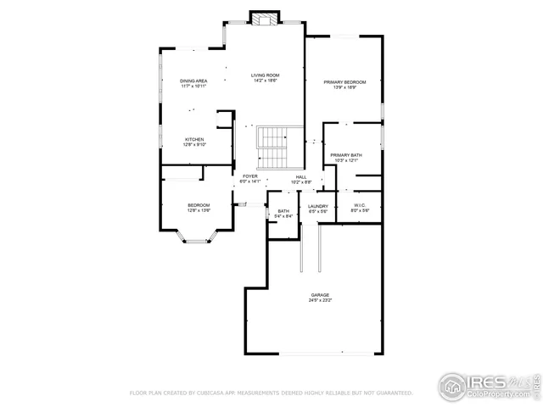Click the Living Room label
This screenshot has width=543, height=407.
tap(265, 75)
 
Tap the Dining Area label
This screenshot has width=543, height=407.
tap(193, 81)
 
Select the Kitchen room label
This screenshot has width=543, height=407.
tap(194, 139)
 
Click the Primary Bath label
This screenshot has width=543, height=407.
tap(346, 155)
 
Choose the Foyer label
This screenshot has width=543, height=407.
tap(250, 176)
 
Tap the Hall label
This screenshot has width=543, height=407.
tap(301, 176)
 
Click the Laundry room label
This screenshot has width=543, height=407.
tap(318, 206)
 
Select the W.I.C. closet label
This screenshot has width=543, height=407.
tap(359, 206)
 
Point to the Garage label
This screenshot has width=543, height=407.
tap(320, 295)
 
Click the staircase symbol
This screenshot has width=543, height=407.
tap(273, 148)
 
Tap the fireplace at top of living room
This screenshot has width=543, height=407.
tap(265, 19)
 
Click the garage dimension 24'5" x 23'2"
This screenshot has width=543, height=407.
tap(320, 301)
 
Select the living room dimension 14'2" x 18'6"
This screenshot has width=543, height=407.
tap(265, 81)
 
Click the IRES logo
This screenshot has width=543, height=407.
tap(475, 382)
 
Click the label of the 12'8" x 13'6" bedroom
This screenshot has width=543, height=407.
tap(199, 206)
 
